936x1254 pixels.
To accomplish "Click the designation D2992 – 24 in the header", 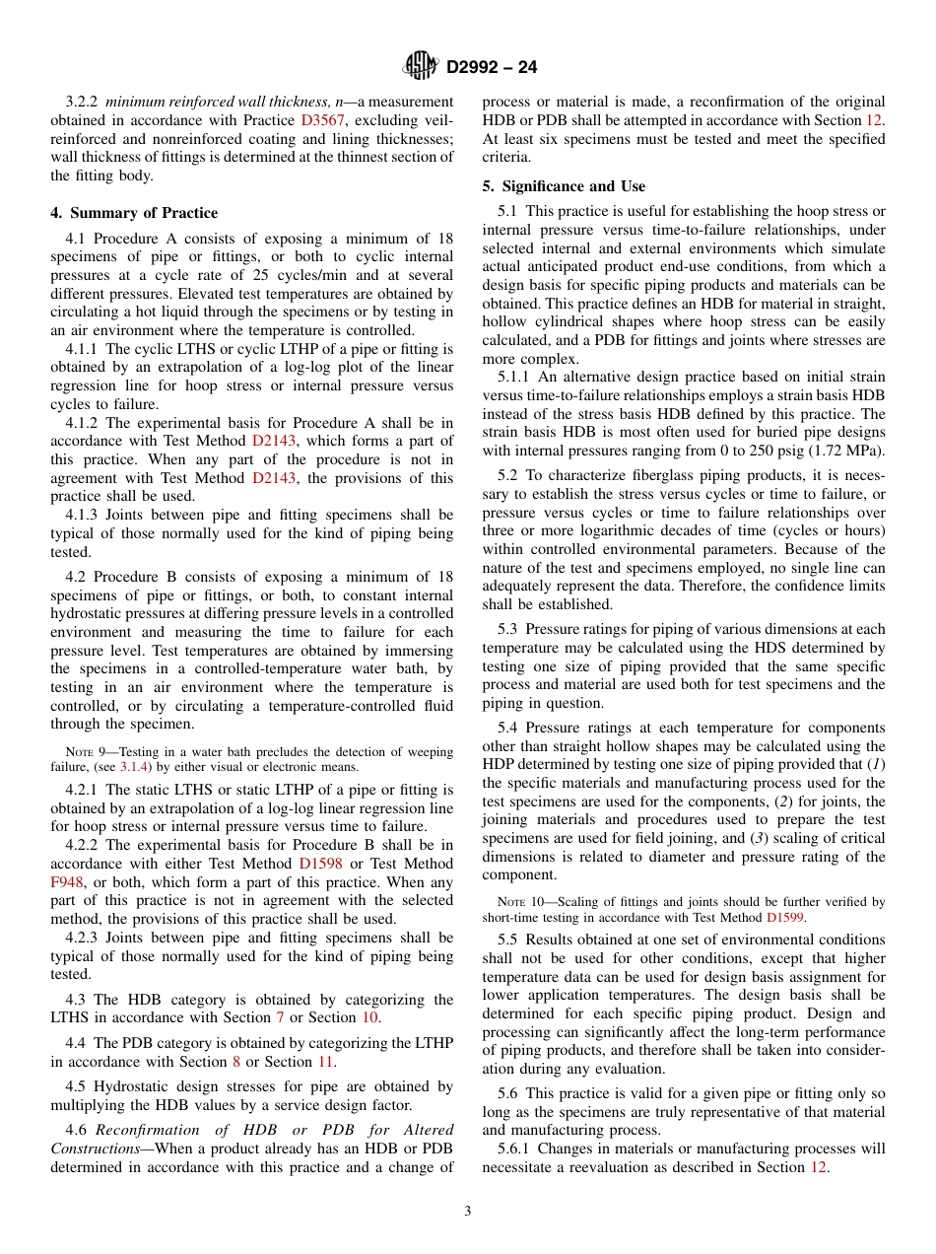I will (x=492, y=67).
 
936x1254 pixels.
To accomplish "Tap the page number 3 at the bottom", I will (x=468, y=1211).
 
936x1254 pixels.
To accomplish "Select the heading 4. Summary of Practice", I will (x=134, y=213).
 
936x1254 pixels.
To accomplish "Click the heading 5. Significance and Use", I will (x=565, y=186).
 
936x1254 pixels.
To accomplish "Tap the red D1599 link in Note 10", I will (x=785, y=917).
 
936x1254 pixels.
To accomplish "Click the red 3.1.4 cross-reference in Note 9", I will (x=131, y=767).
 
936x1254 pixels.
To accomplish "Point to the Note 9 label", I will (x=83, y=752).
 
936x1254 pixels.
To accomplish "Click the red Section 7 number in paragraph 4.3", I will (x=279, y=1017).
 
